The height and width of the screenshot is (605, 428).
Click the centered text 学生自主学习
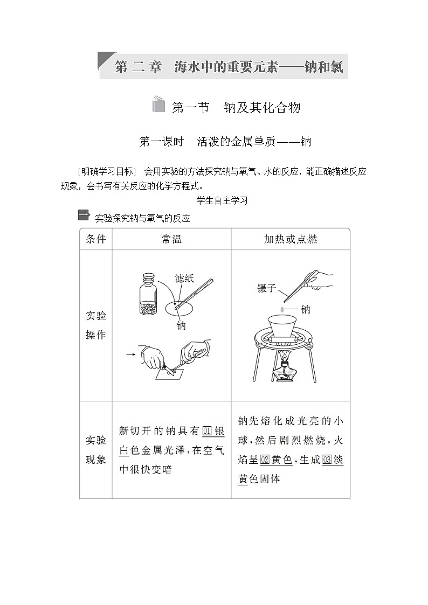point(215,200)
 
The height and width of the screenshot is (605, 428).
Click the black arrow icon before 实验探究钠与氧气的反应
point(83,216)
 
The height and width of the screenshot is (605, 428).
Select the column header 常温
point(171,239)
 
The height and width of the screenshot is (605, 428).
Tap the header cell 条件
point(96,239)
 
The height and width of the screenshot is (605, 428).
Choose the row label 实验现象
point(96,450)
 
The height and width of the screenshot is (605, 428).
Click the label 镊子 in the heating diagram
point(267,288)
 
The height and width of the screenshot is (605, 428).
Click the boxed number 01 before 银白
point(207,432)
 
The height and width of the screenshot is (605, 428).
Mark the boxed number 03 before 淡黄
point(327,460)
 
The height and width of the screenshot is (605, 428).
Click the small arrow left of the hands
point(130,354)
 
